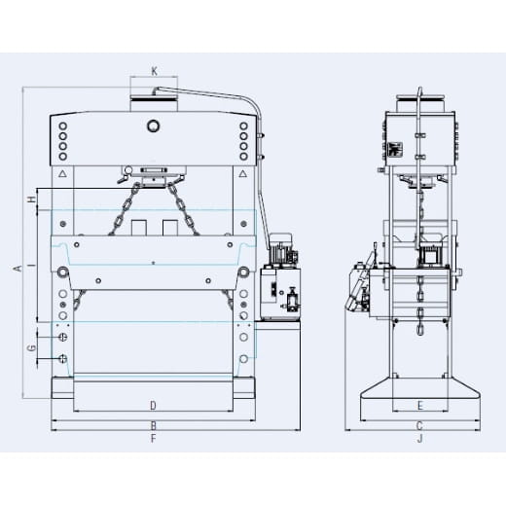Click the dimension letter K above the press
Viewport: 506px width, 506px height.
coord(155,71)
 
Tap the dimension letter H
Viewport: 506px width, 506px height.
coord(31,199)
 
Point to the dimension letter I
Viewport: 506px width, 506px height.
coord(31,264)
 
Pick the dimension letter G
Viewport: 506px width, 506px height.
coord(31,347)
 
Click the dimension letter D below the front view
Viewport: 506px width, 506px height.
coord(153,404)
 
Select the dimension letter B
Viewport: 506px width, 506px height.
coord(153,425)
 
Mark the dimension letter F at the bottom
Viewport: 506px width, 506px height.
coord(153,439)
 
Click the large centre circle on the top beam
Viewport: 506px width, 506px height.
coord(153,126)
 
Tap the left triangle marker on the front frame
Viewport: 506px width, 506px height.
coord(63,174)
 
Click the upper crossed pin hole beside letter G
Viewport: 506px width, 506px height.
coord(63,337)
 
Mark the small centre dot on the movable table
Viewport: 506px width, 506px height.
coord(153,262)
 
